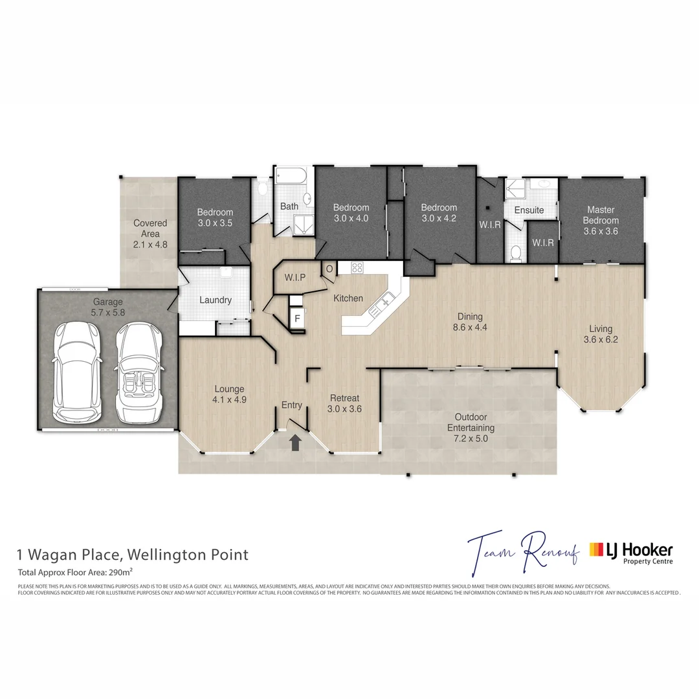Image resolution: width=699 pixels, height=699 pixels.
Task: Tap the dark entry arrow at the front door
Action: tap(295, 443)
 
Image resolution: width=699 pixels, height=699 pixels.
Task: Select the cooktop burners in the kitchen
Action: tap(357, 267)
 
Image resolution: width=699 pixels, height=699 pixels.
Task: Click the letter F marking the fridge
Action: tap(297, 318)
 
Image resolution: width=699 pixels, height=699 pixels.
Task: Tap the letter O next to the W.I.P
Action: tap(329, 269)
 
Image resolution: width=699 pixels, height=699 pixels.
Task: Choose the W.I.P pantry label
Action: tap(294, 277)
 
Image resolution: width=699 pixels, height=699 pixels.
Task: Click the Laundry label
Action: tap(216, 300)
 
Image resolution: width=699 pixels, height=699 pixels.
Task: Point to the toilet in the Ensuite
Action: tap(515, 252)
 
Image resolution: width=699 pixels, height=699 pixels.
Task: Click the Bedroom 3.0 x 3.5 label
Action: tap(215, 217)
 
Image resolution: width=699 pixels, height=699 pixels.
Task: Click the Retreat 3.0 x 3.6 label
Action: tap(344, 403)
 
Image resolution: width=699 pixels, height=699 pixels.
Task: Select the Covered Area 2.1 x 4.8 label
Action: tap(150, 234)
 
